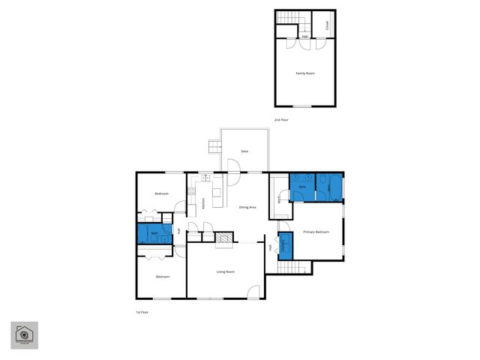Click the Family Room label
(304, 73)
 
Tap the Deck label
(244, 151)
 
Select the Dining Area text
(247, 207)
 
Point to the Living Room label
(226, 271)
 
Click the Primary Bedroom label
(316, 232)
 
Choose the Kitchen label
(203, 203)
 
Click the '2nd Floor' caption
(281, 120)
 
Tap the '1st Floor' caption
(142, 311)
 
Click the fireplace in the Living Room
(223, 239)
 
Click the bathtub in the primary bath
(331, 187)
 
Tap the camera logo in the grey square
(24, 334)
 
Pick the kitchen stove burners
(192, 190)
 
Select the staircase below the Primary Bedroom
(295, 268)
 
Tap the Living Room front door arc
(255, 292)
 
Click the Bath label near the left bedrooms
(154, 234)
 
